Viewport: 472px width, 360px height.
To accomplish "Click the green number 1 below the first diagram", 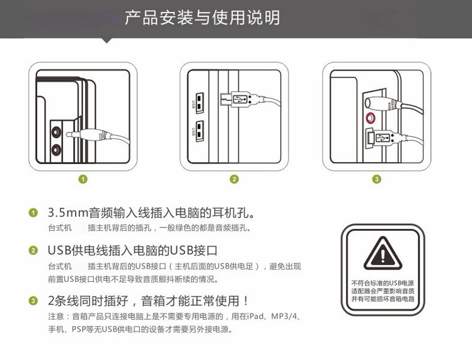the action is [83, 180].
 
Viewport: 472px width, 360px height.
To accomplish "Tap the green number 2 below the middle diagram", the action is [234, 180].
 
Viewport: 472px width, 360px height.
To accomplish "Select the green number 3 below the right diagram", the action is [377, 180].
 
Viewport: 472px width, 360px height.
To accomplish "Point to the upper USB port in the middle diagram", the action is [199, 102].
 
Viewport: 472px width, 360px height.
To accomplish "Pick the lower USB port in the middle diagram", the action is [199, 131].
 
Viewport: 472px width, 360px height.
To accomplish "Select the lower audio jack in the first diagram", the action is [57, 149].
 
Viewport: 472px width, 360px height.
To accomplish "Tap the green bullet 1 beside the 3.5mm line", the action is [33, 212].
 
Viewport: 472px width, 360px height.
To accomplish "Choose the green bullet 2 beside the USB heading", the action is [33, 250].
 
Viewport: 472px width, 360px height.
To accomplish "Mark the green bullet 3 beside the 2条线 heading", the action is [33, 301].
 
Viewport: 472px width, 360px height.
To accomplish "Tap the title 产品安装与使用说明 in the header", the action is [202, 18].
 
